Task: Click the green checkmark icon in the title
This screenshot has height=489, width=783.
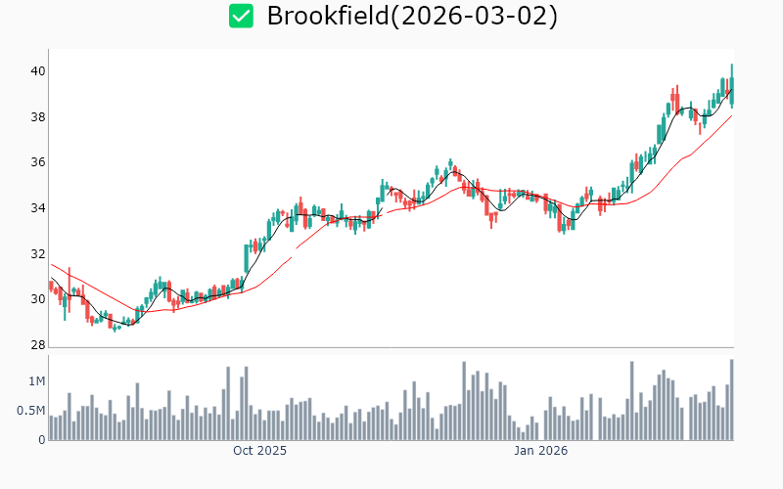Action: point(241,16)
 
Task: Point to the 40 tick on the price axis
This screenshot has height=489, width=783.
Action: point(37,71)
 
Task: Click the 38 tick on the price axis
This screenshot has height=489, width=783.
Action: point(37,117)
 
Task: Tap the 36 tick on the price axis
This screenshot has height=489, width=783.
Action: point(37,162)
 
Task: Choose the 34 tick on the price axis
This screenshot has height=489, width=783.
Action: point(37,208)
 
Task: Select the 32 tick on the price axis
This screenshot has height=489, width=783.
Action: point(37,254)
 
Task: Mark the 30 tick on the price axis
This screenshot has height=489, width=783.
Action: point(37,299)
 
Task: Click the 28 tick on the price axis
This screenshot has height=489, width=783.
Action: point(37,345)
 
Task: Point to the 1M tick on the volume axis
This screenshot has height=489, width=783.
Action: point(36,381)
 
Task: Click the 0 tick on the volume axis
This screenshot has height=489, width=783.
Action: point(42,440)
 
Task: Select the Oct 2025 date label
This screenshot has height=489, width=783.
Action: point(259,451)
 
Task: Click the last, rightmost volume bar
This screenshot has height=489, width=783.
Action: point(731,400)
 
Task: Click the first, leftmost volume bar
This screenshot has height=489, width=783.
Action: point(50,427)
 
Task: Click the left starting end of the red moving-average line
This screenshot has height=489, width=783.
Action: point(51,264)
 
